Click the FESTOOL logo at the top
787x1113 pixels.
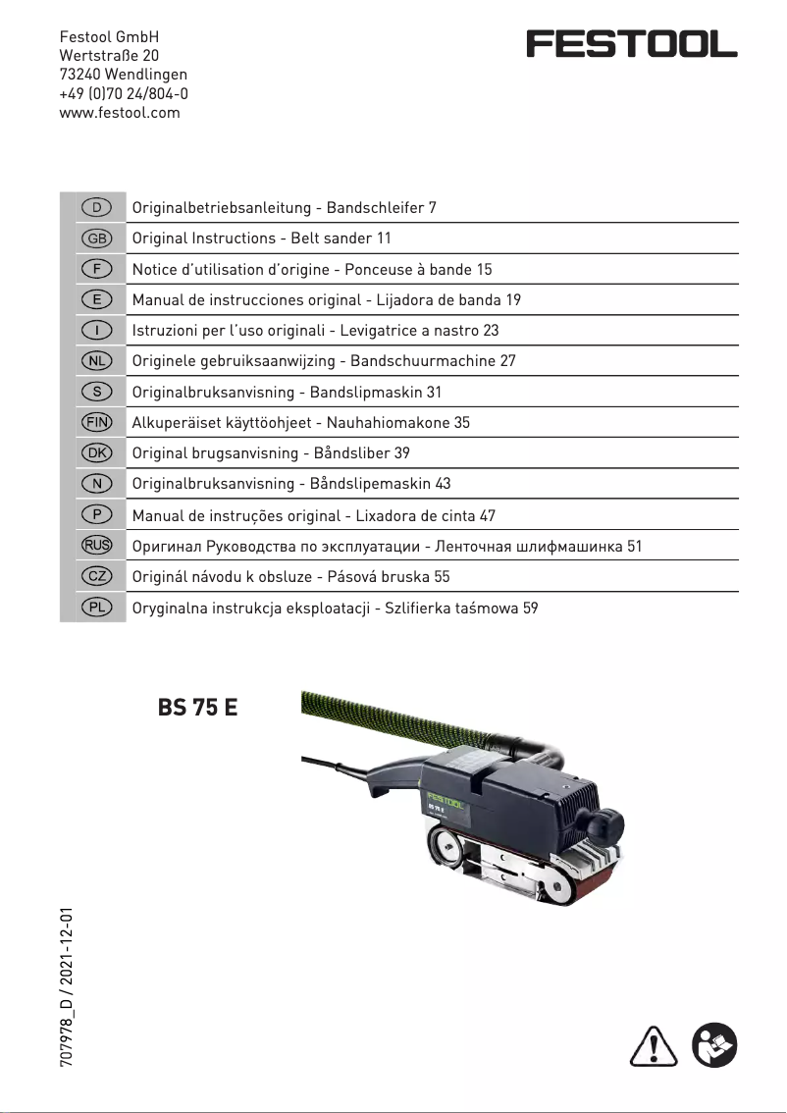(631, 44)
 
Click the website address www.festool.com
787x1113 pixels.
(120, 113)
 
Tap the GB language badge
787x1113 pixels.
(96, 238)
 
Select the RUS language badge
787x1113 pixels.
(96, 547)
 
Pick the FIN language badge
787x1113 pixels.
(96, 423)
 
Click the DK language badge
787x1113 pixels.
(96, 453)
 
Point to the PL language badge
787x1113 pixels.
(96, 609)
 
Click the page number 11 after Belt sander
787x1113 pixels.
(384, 238)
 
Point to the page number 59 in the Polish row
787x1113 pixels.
(530, 609)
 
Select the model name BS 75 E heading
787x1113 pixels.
(197, 708)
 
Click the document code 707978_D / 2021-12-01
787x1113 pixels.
(67, 987)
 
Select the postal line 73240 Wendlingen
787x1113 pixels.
(124, 75)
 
